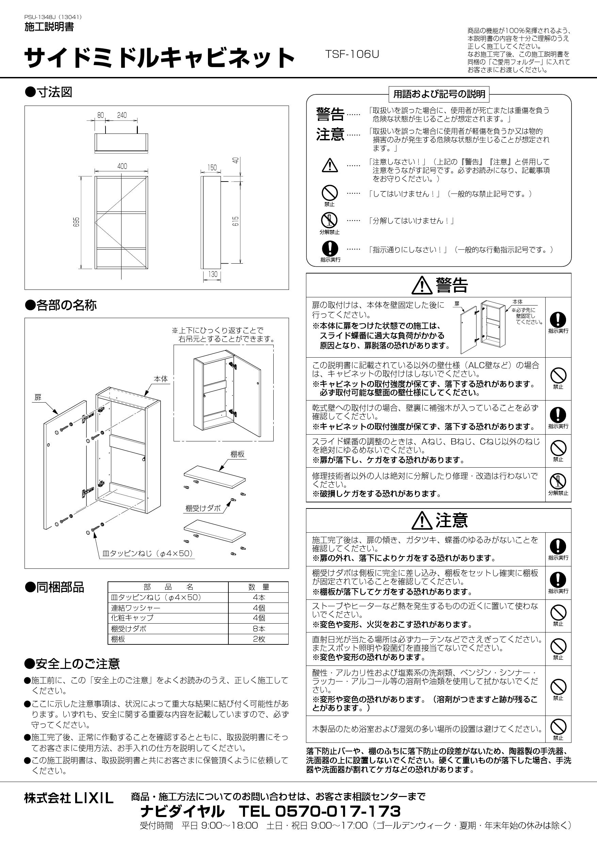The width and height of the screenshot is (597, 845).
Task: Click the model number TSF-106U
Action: pos(352,54)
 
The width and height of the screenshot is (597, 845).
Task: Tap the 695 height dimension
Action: pos(77,222)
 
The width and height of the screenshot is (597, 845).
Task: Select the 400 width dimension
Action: pos(122,166)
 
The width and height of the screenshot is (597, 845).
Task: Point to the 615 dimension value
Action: pos(236,221)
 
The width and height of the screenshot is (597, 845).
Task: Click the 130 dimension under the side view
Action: pos(213,274)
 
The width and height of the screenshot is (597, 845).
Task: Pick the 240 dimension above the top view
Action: pos(122,115)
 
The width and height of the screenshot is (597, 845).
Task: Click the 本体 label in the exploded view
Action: pos(161,379)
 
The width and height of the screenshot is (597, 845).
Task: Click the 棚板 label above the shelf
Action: pos(237,454)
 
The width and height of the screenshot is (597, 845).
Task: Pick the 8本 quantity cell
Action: pos(259,629)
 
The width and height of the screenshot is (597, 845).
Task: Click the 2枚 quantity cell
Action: pos(259,639)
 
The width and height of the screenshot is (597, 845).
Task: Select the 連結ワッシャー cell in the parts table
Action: pos(136,608)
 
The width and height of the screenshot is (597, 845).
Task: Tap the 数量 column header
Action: pos(259,587)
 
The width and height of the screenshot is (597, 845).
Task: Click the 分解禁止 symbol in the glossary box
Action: pos(329,220)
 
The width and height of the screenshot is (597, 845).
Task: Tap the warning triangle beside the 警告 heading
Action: pos(422,285)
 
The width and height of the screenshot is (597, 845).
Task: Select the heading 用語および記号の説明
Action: pos(439,94)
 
